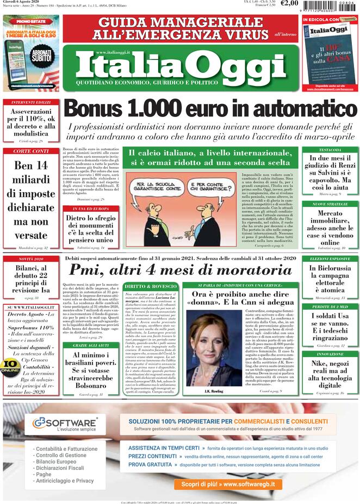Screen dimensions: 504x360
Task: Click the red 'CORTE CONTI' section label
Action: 30,151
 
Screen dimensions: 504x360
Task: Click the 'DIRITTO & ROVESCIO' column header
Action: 150,286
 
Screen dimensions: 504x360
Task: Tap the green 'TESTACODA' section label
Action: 330,150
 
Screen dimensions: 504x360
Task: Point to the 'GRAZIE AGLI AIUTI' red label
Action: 88,345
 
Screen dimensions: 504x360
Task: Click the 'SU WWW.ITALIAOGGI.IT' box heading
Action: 30,308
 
